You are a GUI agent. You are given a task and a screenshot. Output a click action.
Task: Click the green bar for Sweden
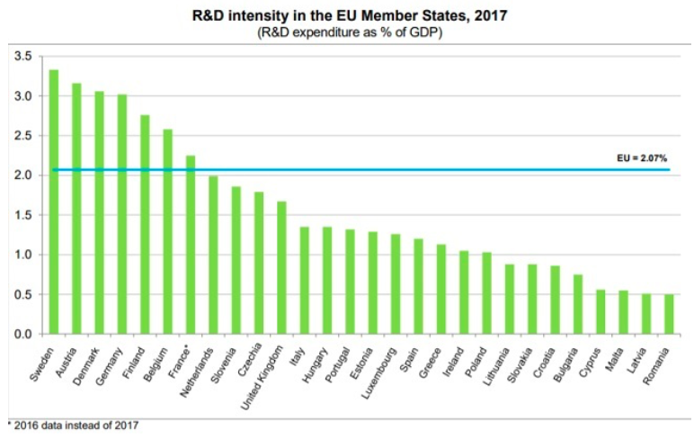[x=54, y=202]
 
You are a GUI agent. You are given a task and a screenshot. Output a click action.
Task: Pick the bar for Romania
[x=668, y=314]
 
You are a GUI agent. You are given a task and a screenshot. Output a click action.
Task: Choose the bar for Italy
[x=304, y=280]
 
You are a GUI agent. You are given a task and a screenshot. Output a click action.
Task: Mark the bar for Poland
[x=486, y=292]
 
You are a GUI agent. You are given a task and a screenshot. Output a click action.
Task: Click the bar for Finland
[x=145, y=224]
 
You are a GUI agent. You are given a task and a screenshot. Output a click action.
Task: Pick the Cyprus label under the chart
[x=591, y=359]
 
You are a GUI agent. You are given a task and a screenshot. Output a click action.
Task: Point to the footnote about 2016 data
[x=75, y=426]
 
